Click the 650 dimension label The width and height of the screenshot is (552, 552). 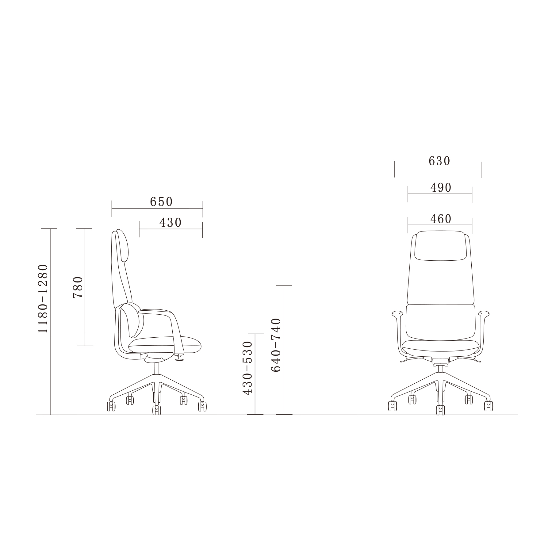pos(161,202)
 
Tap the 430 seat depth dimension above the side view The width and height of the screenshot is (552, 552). pos(171,223)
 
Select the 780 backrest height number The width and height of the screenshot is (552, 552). pos(78,287)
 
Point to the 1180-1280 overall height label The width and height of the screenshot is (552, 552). pos(43,298)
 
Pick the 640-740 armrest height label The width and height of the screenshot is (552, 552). pos(276,345)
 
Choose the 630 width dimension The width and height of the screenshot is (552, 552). pos(439,161)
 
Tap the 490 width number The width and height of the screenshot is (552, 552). pos(441,188)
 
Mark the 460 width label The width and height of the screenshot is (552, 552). pos(441,219)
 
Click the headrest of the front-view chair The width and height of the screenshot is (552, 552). pos(440,246)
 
